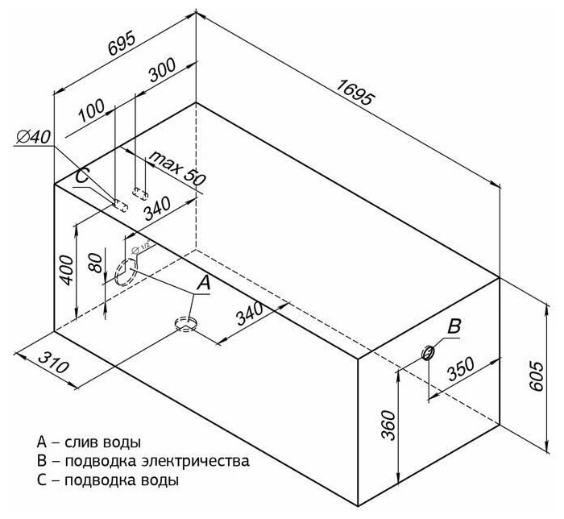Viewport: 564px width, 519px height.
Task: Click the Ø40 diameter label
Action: pyautogui.click(x=33, y=139)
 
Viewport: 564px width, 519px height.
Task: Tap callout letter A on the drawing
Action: pyautogui.click(x=203, y=282)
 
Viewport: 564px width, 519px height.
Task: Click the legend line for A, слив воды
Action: pyautogui.click(x=89, y=442)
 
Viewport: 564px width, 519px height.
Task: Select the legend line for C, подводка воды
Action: pyautogui.click(x=108, y=480)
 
